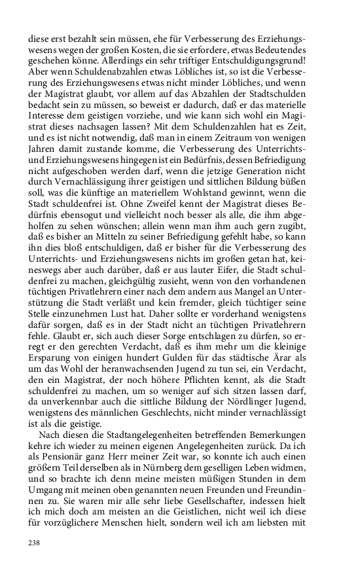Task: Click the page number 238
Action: (x=34, y=543)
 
